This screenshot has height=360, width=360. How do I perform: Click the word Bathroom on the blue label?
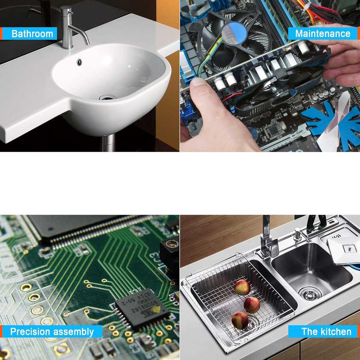click(x=32, y=34)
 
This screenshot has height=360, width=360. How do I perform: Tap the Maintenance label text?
click(x=323, y=34)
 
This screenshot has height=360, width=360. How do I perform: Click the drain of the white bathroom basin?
click(x=106, y=97)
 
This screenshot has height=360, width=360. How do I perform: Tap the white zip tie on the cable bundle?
click(x=306, y=5)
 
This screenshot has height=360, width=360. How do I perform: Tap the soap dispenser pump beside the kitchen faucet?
click(x=298, y=234)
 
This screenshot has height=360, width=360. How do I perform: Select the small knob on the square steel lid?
click(x=348, y=248)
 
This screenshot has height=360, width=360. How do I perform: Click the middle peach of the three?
click(x=252, y=305)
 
